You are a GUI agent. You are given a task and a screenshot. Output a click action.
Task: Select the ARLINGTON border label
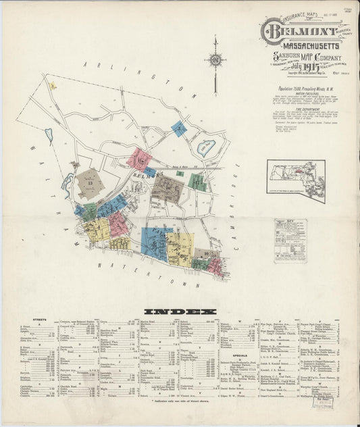(135, 75)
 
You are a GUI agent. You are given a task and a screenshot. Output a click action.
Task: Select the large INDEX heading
(179, 311)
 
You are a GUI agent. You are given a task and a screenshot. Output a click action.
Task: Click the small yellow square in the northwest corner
(52, 86)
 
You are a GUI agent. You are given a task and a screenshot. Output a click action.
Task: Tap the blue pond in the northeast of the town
(207, 145)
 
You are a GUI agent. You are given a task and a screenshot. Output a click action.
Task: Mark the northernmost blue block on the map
(178, 128)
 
